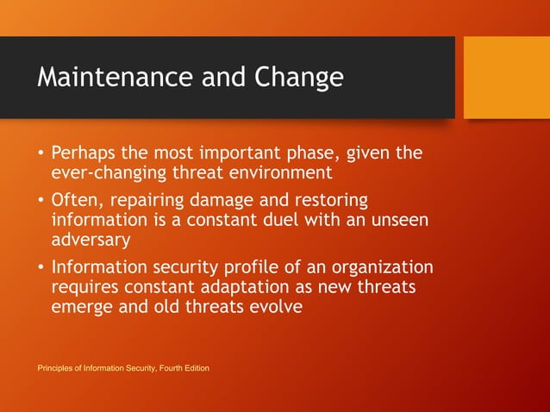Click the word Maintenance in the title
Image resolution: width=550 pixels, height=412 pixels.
pos(115,78)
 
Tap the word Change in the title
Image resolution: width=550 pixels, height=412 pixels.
pos(297,78)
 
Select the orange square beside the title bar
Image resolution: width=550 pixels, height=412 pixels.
pos(506,78)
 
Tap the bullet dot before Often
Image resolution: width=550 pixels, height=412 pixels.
pos(41,201)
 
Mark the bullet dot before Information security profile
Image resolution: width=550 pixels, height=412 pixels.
pos(41,267)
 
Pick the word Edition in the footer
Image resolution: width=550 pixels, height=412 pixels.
pos(194,369)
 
